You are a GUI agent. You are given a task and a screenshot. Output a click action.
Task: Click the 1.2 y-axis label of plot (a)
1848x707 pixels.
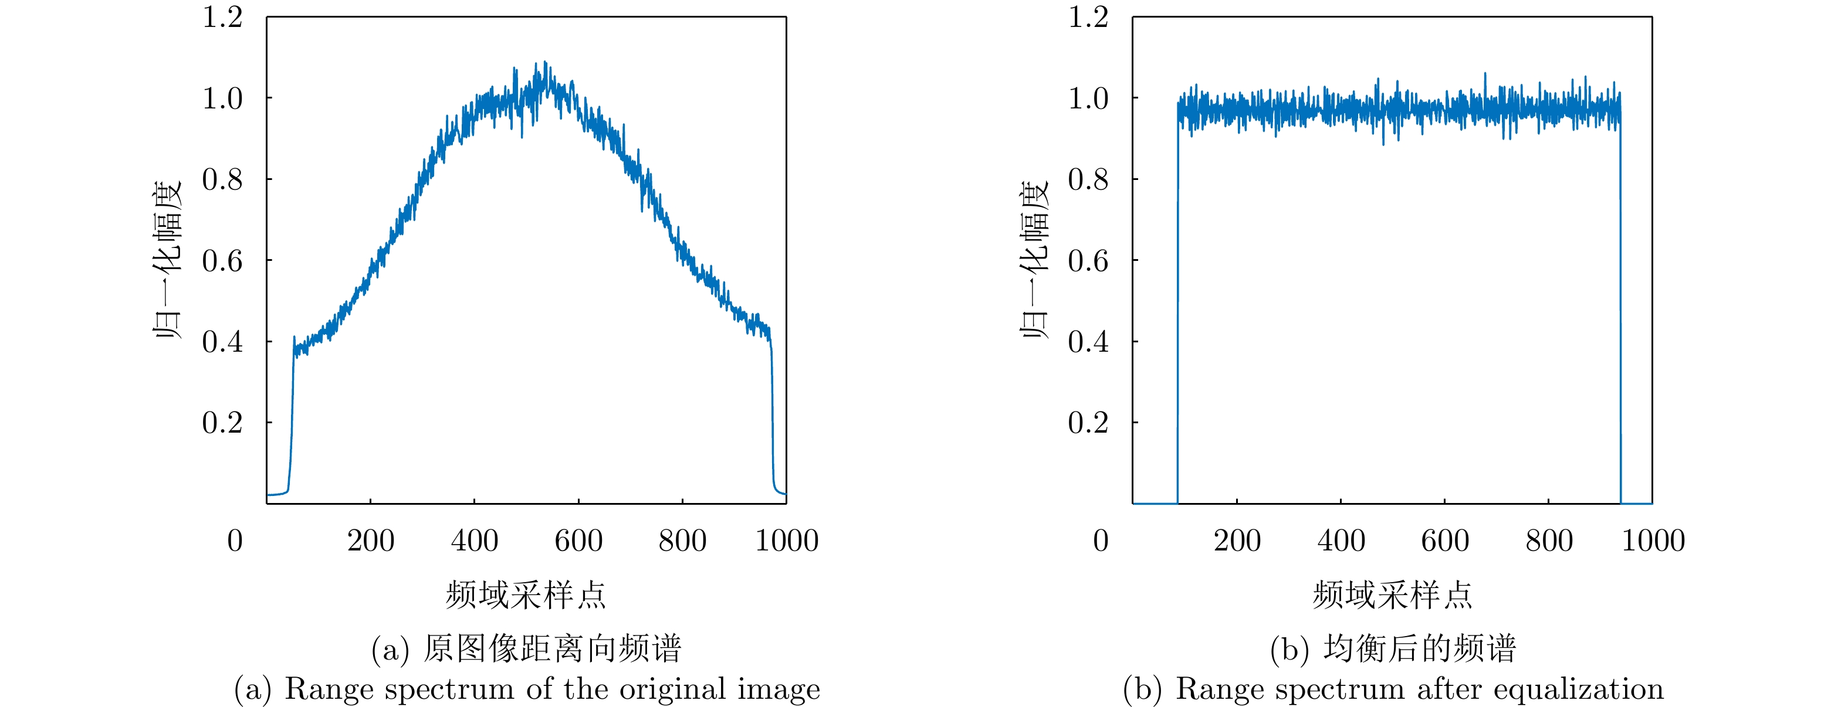pos(222,17)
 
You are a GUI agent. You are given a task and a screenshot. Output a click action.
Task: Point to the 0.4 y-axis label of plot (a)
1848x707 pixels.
pos(222,341)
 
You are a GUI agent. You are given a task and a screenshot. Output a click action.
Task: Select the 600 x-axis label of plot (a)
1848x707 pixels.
pos(578,541)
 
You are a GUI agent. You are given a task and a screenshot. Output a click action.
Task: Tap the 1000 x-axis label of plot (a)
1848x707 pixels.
pos(786,541)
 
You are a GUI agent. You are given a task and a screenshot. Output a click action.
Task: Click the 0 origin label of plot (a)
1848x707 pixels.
pos(235,541)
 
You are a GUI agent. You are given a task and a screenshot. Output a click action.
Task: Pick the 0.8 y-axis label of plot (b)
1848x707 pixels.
pos(1088,179)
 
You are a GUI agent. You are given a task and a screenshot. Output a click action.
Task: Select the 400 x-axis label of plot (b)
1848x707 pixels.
pos(1341,541)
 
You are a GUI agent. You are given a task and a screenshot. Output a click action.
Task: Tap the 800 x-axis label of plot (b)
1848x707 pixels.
pos(1549,541)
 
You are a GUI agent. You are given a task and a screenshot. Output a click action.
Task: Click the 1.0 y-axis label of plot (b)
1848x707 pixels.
pos(1088,98)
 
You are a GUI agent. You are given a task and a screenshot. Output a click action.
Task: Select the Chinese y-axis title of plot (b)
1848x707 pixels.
pos(1034,260)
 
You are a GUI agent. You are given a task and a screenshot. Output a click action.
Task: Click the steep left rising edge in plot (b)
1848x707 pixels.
pos(1177,301)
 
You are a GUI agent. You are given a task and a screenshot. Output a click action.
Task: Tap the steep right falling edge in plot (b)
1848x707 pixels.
pos(1620,301)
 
